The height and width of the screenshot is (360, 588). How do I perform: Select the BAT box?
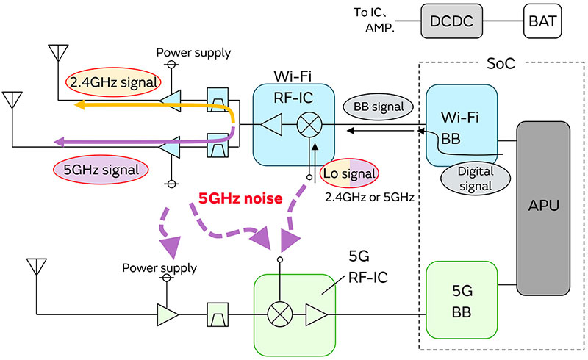(542, 21)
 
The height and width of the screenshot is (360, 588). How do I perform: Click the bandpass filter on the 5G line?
(219, 315)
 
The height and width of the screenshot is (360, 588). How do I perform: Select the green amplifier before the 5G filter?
(168, 315)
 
